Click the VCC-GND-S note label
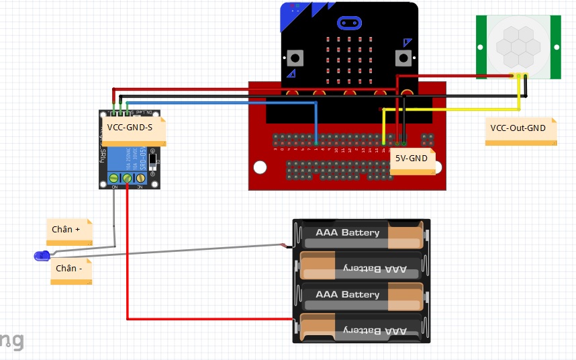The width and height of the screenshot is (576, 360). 130,127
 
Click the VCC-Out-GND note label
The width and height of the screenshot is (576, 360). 518,128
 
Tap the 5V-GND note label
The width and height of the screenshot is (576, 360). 412,159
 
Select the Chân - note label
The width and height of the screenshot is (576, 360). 69,268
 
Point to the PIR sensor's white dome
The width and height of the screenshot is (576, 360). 517,45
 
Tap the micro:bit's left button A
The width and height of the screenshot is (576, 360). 293,58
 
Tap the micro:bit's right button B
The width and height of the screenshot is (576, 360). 405,58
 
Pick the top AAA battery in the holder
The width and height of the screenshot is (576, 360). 361,234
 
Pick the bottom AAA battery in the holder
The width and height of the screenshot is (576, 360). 361,329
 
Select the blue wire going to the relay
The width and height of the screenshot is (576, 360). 222,103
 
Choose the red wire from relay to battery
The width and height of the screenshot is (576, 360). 128,255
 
